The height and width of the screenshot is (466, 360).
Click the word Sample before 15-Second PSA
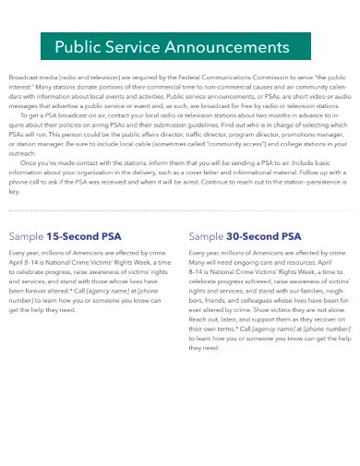tap(26, 209)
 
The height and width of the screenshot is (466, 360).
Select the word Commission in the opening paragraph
tap(273, 81)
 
